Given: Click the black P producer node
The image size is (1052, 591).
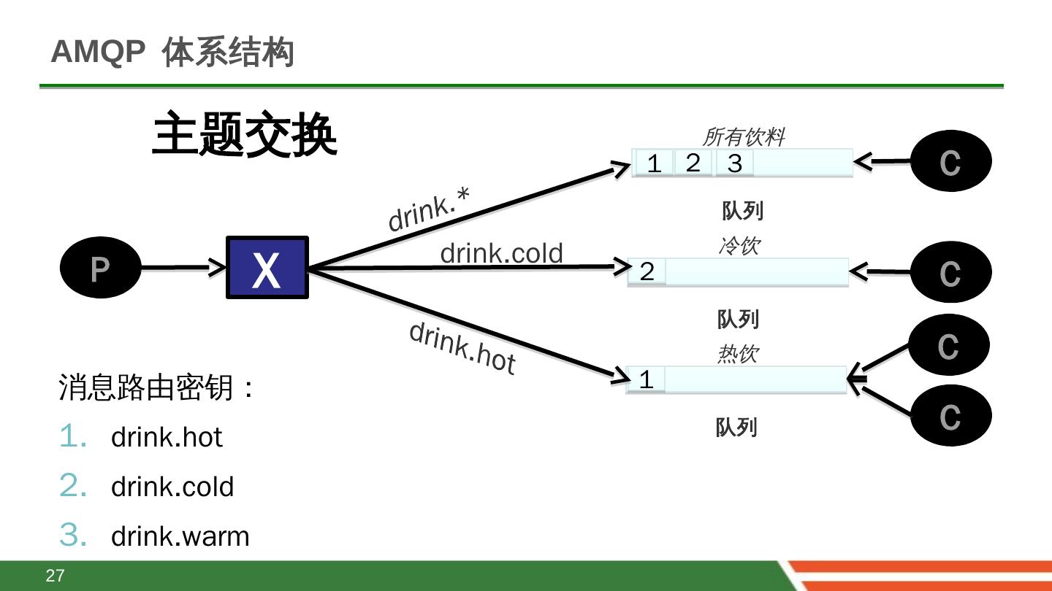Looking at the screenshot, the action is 100,269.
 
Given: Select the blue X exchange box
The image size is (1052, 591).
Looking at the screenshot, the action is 267,267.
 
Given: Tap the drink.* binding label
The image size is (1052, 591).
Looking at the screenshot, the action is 429,209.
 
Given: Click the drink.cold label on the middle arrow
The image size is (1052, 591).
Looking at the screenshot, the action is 501,253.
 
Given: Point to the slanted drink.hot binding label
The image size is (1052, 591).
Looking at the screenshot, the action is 462,347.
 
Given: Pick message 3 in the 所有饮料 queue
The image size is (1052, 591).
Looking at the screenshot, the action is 734,163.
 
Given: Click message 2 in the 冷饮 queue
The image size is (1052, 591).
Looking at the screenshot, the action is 647,271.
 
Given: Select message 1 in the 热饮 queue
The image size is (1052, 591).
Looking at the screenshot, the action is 646,379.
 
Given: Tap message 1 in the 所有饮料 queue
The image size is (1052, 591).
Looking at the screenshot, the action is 654,163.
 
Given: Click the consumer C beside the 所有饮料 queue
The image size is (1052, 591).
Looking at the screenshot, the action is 950,161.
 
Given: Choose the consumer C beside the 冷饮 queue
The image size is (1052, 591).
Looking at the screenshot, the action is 950,273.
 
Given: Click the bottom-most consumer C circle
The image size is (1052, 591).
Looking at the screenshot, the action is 950,416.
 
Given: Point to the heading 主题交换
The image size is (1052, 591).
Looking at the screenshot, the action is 245,135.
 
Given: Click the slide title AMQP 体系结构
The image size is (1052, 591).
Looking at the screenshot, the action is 172,53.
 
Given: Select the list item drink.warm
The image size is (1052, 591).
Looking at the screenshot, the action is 180,536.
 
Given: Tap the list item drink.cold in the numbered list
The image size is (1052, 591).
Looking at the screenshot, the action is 172,487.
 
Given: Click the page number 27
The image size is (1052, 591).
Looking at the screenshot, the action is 55,576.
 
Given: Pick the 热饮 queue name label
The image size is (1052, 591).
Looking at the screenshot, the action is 737,355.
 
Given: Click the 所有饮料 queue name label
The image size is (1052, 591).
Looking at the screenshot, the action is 744,137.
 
